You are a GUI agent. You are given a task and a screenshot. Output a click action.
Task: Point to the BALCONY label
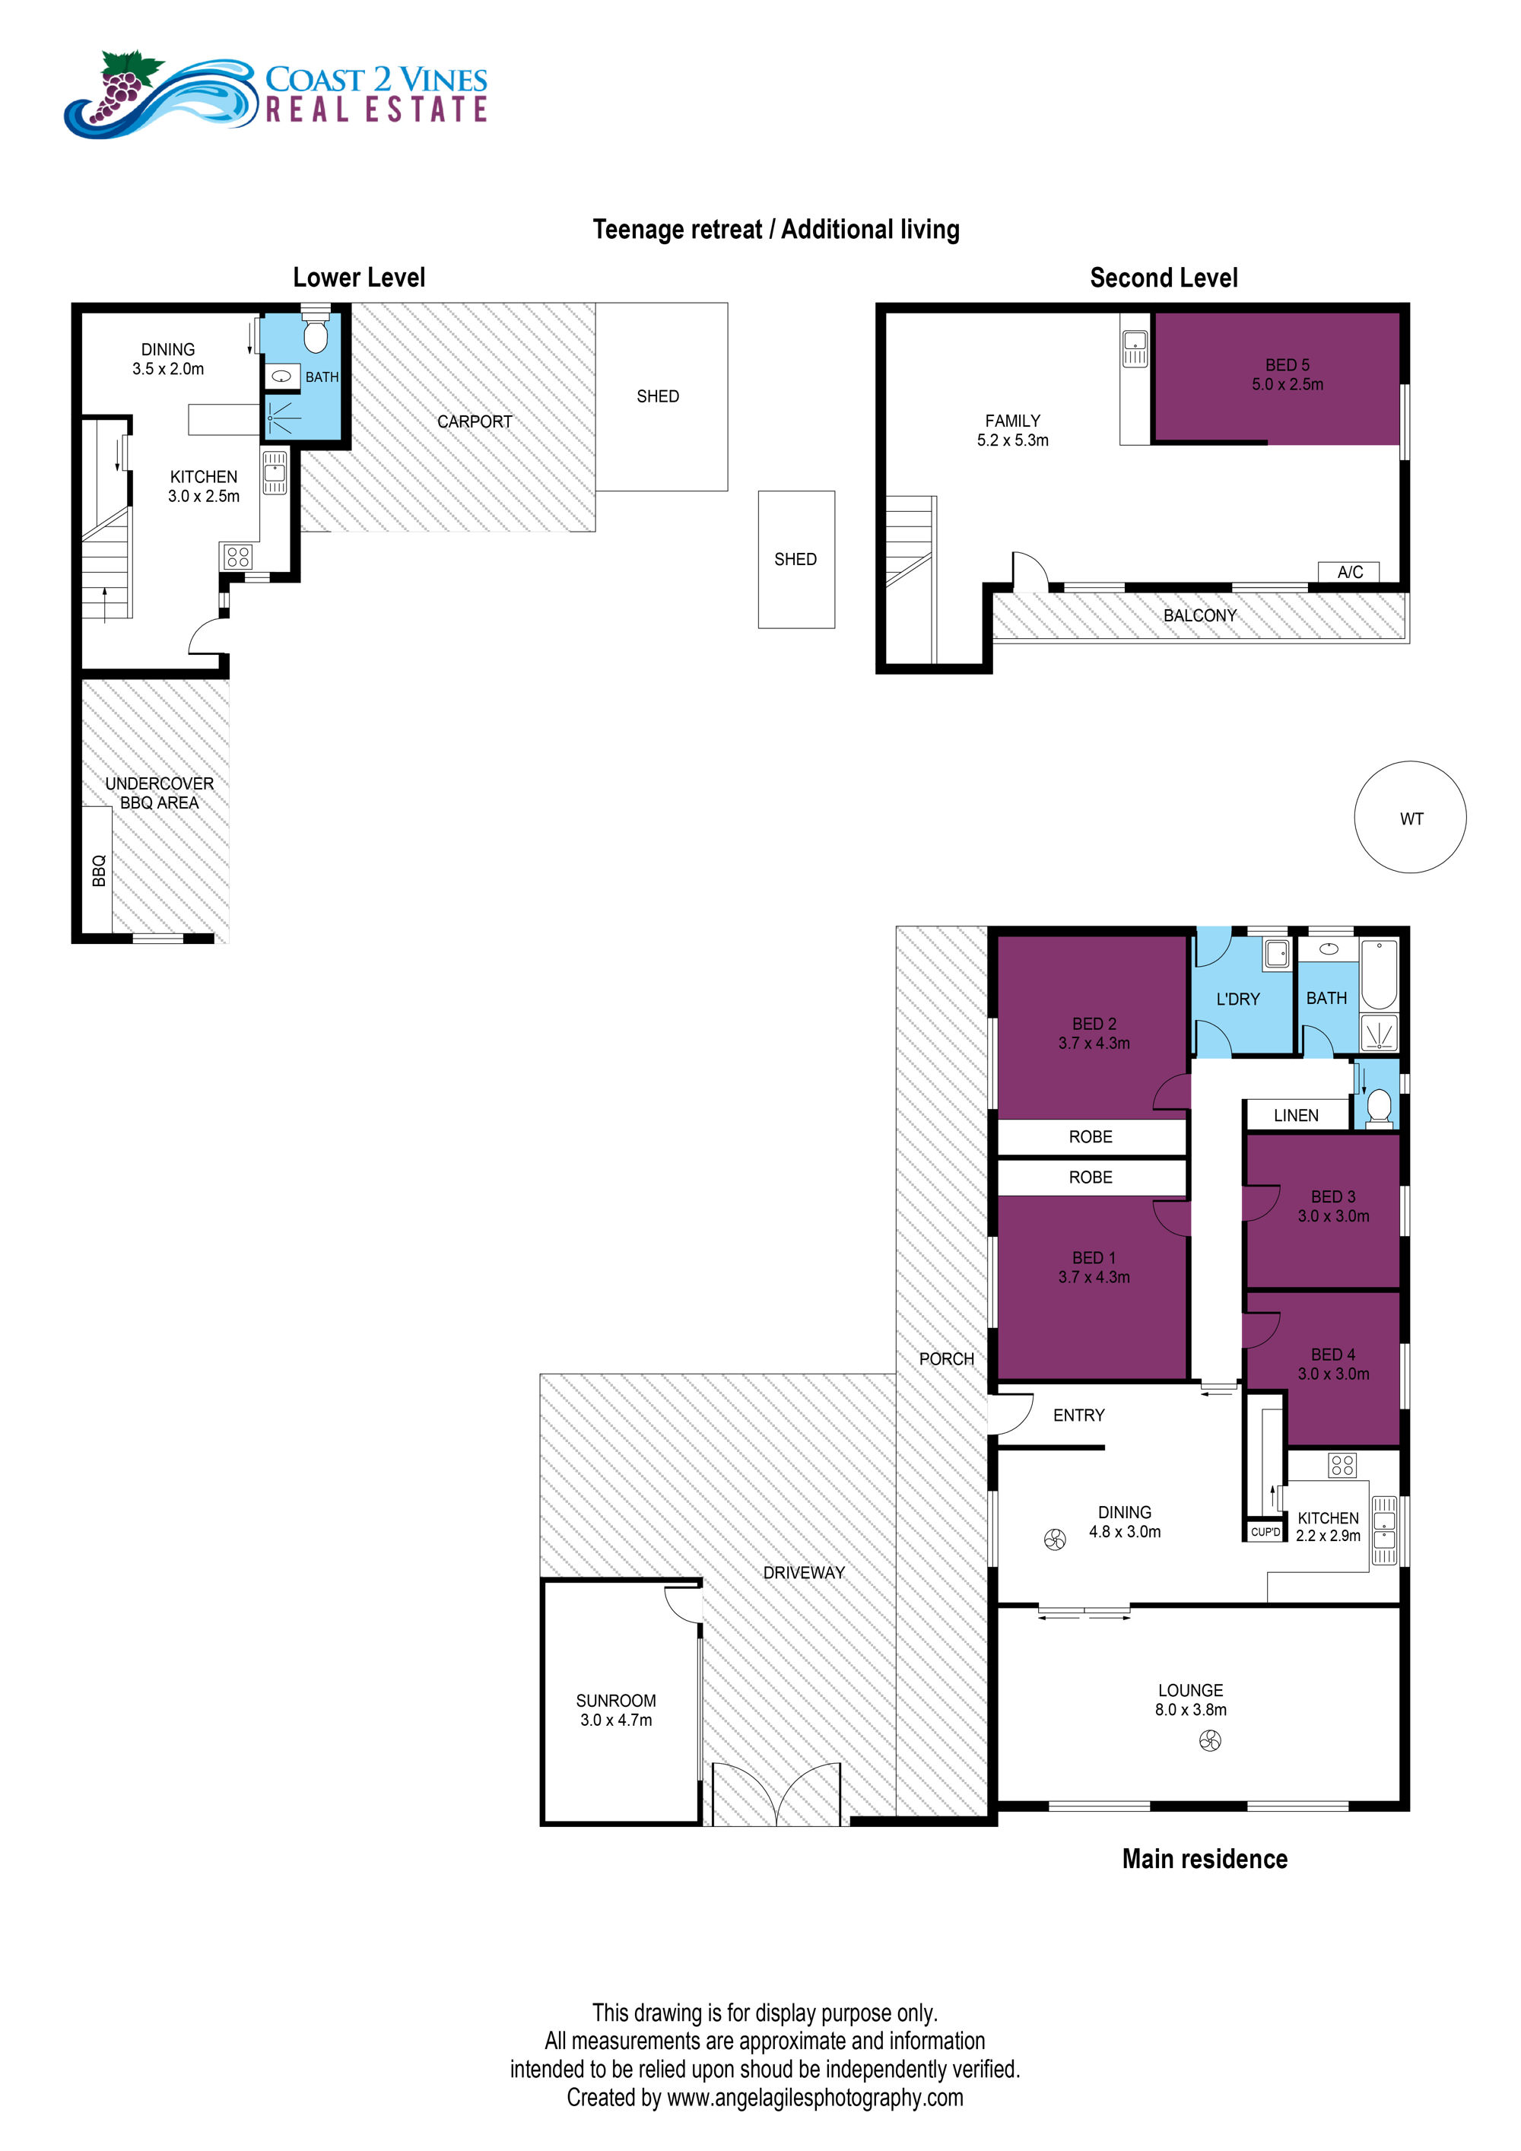1200,615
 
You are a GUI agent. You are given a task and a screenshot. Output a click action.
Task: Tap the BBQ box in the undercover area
97,870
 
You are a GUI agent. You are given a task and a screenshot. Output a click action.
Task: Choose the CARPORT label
475,421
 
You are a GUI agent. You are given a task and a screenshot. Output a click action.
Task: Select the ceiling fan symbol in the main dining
1055,1540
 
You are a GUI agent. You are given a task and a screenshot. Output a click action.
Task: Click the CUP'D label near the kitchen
1265,1532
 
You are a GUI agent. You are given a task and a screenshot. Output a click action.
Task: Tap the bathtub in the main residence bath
1379,974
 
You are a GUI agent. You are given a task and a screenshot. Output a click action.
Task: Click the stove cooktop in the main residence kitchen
1342,1464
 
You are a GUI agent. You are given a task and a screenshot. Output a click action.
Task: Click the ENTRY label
1079,1415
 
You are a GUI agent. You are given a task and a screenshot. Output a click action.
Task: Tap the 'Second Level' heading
1164,278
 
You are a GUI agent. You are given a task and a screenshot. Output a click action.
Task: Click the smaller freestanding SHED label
795,559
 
